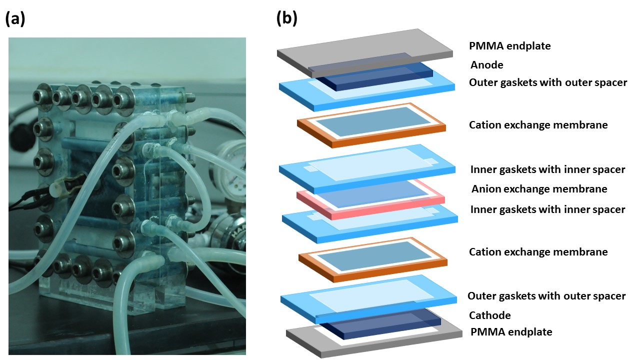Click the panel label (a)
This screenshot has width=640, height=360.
(x=15, y=19)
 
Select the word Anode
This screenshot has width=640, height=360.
(x=486, y=65)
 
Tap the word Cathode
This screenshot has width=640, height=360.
(x=489, y=315)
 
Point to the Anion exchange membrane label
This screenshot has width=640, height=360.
(x=539, y=189)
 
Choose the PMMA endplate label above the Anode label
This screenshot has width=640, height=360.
(x=509, y=46)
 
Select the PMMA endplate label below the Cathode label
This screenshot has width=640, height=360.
(x=511, y=332)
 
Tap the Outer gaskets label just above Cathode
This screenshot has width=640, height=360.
(x=546, y=296)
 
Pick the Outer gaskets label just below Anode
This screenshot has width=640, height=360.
(x=547, y=82)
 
